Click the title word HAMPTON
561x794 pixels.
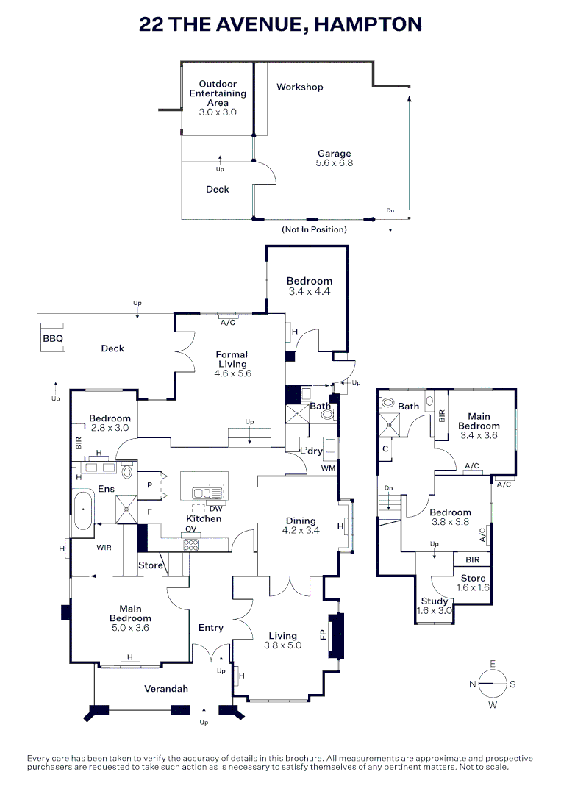[x=368, y=24]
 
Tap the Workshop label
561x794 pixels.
[x=299, y=87]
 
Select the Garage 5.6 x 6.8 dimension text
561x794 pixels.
[x=334, y=163]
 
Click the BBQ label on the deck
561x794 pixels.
[x=53, y=339]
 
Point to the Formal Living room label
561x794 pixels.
[x=232, y=360]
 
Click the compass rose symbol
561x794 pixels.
[x=492, y=684]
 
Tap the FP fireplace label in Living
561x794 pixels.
[x=324, y=633]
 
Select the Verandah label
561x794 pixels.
[x=165, y=689]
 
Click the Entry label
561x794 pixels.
[x=210, y=627]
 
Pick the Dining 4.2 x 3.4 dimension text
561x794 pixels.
[x=301, y=529]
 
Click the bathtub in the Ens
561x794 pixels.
[x=82, y=509]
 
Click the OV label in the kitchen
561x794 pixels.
[x=190, y=529]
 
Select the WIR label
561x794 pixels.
[x=104, y=547]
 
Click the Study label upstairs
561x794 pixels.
[x=434, y=601]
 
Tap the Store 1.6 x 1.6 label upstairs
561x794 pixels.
[x=473, y=583]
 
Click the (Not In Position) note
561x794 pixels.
[x=314, y=229]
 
